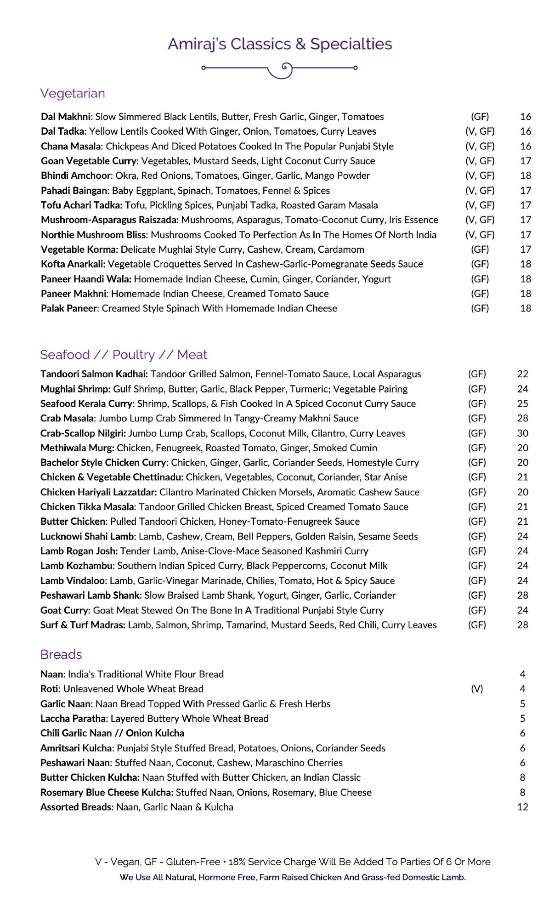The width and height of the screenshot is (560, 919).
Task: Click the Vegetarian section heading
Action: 73,93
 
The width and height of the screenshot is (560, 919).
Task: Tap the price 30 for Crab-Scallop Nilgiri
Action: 523,433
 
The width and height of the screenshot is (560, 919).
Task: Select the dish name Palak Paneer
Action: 69,308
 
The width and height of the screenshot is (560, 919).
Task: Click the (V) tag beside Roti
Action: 477,689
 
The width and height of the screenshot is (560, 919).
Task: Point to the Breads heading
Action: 61,654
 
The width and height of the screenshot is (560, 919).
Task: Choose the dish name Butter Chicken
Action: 73,522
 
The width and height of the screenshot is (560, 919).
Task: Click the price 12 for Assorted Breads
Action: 523,807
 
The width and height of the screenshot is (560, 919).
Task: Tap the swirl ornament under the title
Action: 280,69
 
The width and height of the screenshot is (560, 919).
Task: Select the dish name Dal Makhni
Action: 66,117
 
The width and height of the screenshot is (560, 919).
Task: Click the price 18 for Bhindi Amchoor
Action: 526,176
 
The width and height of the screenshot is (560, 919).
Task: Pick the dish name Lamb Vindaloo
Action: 73,581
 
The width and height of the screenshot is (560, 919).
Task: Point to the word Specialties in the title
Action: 351,44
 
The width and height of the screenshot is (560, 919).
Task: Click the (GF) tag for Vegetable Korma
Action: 480,250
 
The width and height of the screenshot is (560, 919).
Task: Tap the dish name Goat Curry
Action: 64,610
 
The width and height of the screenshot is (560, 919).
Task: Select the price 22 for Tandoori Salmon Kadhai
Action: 523,374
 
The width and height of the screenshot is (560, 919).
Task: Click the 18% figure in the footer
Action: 237,862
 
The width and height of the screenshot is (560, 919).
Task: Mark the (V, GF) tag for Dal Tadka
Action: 480,131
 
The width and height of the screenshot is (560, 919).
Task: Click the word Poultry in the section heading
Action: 134,355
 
